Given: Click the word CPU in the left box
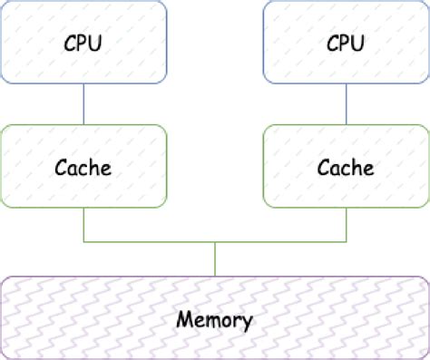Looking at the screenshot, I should click(83, 44).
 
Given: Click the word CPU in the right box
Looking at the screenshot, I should click(346, 44).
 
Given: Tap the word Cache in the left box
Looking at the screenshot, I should click(83, 168).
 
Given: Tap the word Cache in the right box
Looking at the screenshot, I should click(346, 168).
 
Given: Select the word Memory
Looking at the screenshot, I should click(215, 319).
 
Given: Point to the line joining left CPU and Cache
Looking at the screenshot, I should click(83, 104).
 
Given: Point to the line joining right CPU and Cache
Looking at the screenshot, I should click(346, 104).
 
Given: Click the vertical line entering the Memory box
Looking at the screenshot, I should click(215, 258).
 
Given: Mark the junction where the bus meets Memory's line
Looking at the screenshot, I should click(215, 242).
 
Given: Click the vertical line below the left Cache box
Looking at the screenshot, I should click(83, 226).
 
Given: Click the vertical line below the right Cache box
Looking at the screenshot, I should click(346, 226).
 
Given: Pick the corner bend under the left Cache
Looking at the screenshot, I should click(83, 242).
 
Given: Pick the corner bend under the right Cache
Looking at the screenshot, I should click(346, 242).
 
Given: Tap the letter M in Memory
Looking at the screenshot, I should click(183, 319).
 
